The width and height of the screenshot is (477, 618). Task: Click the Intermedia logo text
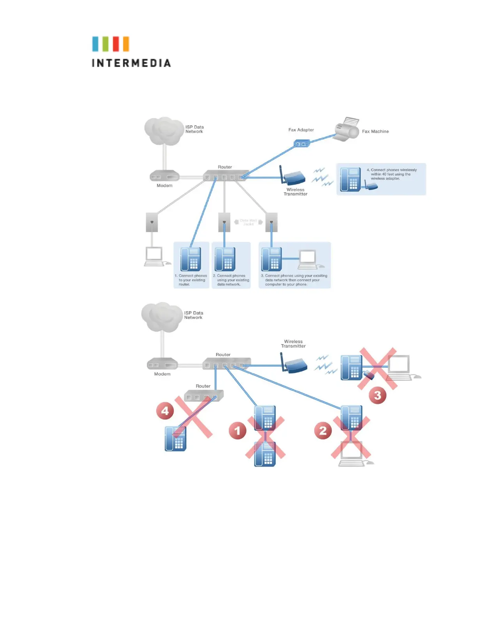[131, 63]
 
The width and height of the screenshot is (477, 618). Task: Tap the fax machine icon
[347, 129]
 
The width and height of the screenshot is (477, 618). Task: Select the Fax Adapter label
[301, 130]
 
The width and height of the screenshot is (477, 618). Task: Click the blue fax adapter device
[301, 144]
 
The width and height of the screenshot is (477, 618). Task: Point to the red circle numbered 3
[377, 395]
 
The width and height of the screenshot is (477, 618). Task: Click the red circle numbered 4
[165, 410]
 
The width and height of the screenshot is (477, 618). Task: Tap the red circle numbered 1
[237, 431]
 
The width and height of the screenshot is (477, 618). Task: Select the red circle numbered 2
[323, 431]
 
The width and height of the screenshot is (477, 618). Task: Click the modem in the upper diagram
[164, 176]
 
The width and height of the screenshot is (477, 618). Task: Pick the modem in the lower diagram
[162, 365]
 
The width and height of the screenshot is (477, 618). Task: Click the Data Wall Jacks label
[248, 222]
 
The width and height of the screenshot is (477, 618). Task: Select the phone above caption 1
[190, 259]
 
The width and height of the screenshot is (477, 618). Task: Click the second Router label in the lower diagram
[203, 386]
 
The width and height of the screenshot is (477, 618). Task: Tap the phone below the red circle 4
[175, 439]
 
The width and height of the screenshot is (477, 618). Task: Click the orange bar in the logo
[126, 44]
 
